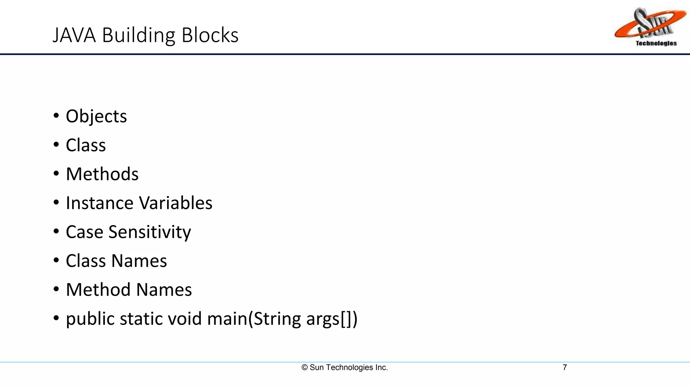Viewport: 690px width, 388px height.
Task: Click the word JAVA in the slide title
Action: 74,35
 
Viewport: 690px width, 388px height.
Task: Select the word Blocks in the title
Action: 210,35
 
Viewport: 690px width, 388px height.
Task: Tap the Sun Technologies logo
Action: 650,27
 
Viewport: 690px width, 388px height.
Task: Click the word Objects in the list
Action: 96,117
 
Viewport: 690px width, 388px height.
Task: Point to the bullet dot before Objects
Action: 56,116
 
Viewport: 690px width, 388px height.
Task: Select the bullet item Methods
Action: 102,174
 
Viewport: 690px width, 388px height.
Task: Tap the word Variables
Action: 176,203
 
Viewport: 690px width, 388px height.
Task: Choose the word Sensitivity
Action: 150,232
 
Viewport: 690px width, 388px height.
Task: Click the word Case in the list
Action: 84,232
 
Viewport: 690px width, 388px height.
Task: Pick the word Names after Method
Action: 164,290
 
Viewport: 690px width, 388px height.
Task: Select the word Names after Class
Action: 139,261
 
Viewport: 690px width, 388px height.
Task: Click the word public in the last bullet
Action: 90,319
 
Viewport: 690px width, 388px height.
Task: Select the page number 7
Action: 565,367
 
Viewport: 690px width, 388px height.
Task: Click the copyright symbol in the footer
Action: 305,367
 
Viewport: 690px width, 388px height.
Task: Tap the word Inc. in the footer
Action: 381,367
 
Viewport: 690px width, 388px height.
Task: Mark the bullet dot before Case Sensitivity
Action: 56,232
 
